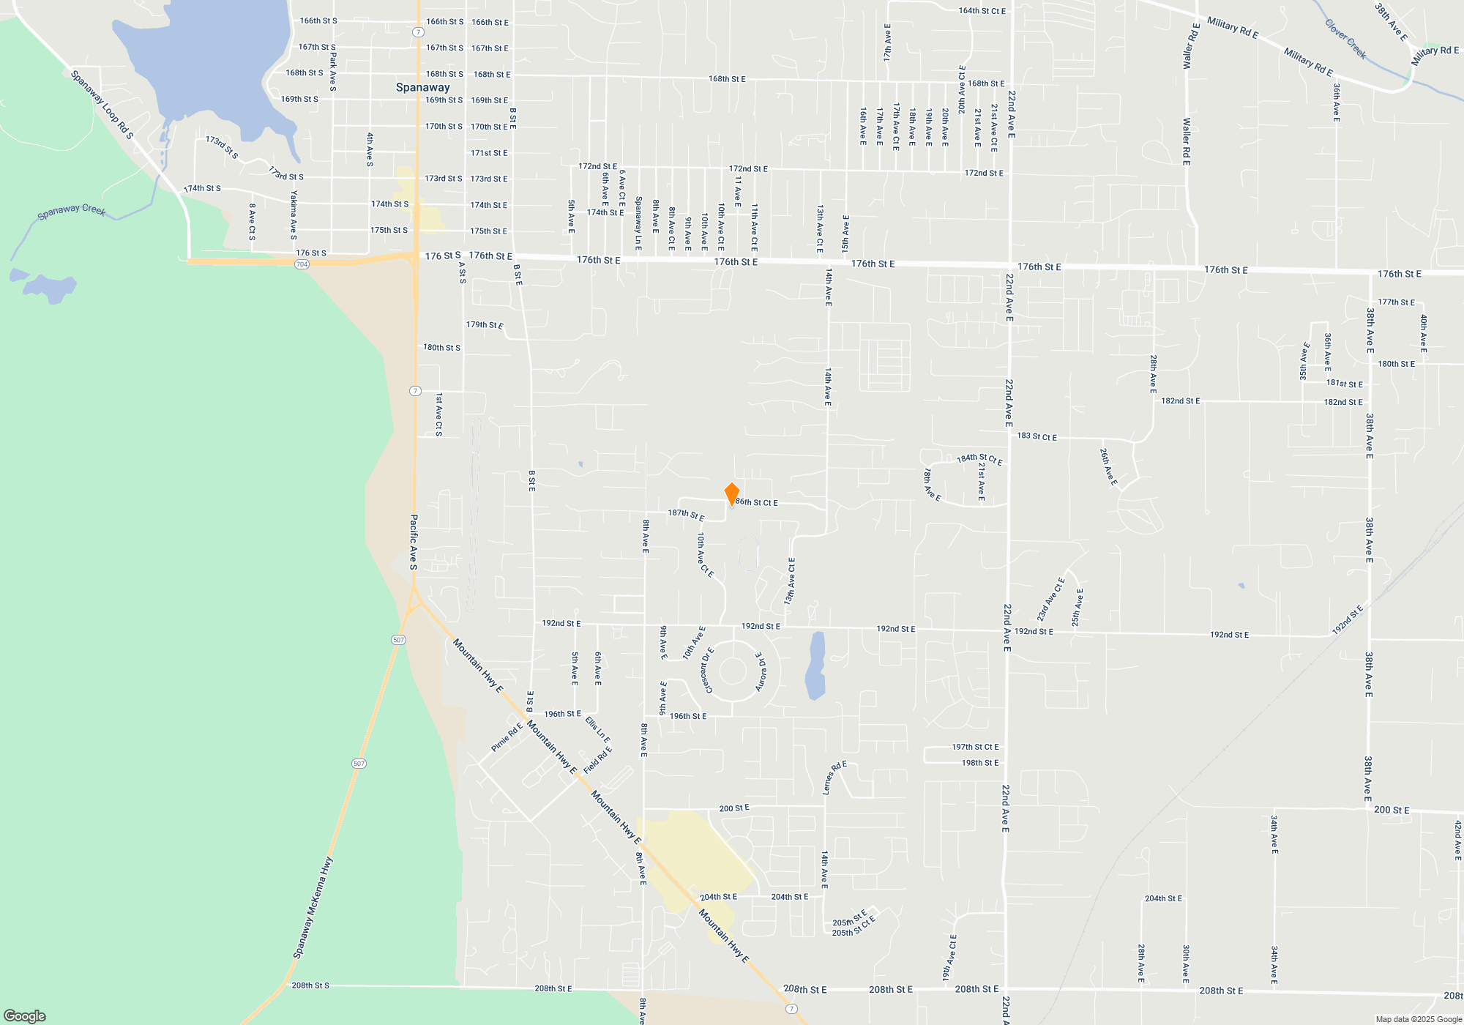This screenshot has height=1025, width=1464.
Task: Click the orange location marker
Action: [731, 494]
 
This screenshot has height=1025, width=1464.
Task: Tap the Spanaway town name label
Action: [422, 87]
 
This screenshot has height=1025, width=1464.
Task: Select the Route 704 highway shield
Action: [302, 264]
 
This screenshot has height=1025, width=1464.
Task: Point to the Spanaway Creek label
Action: [72, 212]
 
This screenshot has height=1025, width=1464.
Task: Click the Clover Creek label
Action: [1345, 39]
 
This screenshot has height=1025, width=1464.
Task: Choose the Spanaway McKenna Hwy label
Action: [313, 908]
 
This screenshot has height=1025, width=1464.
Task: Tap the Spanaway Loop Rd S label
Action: [102, 105]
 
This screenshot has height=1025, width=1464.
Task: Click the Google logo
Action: [25, 1016]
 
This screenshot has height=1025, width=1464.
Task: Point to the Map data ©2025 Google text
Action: [1418, 1019]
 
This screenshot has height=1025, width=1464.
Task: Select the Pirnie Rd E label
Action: [507, 737]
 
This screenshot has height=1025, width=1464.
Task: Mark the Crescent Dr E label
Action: [708, 670]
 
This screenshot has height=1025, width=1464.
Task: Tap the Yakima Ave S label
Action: [294, 215]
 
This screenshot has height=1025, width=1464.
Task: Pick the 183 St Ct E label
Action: [1037, 436]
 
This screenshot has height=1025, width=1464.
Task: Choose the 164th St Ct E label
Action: [982, 11]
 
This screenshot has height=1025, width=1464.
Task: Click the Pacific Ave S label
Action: [414, 542]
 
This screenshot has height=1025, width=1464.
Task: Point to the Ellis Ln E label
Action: [597, 730]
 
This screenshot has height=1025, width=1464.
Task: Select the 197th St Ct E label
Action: [975, 747]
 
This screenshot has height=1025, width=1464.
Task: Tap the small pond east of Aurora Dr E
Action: [815, 666]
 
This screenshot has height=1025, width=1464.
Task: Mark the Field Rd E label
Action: [597, 760]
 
